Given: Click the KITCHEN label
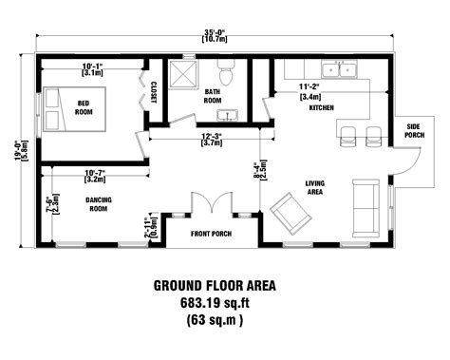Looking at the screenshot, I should (323, 108).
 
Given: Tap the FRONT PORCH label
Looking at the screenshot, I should (210, 233).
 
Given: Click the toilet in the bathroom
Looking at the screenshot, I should (226, 72).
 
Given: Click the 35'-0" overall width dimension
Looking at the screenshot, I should (213, 35).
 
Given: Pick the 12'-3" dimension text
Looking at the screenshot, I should (211, 139).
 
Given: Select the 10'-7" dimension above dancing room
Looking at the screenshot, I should (95, 174).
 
